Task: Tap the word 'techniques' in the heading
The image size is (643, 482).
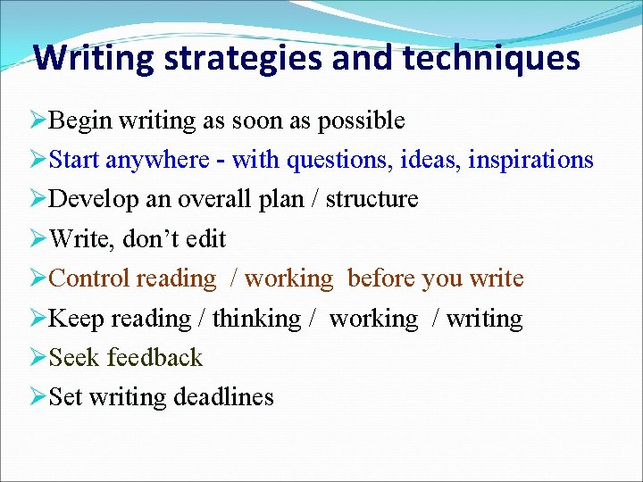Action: point(491,59)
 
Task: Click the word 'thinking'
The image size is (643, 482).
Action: point(256,318)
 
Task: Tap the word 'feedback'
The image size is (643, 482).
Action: point(154,357)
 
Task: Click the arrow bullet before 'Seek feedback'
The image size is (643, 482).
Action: point(38,358)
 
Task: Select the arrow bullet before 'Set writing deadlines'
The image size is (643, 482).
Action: point(38,397)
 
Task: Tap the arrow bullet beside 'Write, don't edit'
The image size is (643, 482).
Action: point(38,239)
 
